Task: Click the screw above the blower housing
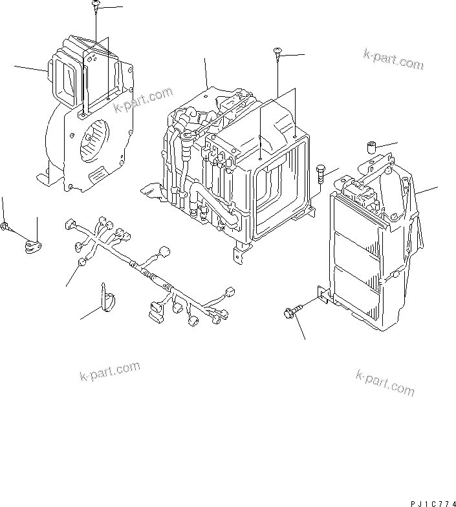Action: tap(95, 6)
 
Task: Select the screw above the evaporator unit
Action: tap(277, 54)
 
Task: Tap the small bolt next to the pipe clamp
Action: tap(6, 227)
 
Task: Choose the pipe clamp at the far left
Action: tap(32, 246)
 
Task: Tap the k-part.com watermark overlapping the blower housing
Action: tap(141, 100)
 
